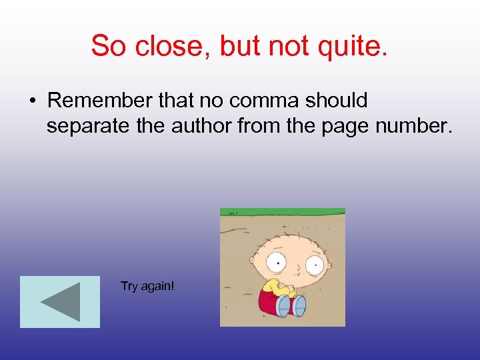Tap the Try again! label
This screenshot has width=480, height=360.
[147, 286]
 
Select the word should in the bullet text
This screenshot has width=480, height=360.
[337, 101]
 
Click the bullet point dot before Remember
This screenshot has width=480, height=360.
[33, 101]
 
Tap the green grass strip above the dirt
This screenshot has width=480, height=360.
[283, 212]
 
